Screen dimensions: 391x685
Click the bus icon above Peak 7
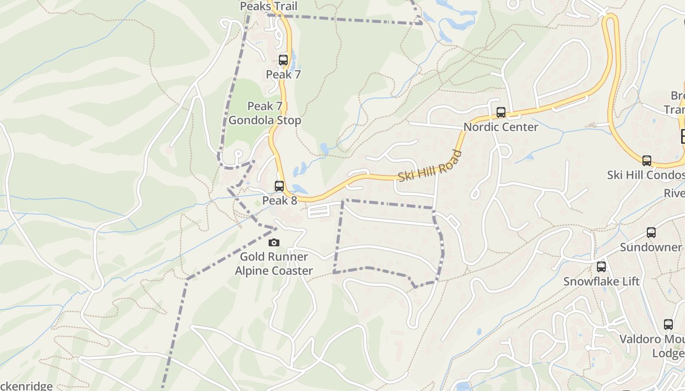(283, 60)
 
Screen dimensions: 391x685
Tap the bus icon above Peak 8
(279, 186)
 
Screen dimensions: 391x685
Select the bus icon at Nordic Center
(501, 112)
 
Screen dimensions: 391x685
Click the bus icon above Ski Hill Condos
(647, 161)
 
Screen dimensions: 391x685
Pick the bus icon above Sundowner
(651, 233)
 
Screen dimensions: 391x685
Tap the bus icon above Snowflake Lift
(601, 267)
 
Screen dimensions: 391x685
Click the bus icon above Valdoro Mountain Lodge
(668, 324)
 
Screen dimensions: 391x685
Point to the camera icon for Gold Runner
(274, 242)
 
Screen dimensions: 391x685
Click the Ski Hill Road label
(430, 166)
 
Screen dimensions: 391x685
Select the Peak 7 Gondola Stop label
(265, 113)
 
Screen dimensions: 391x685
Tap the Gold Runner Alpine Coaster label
(274, 263)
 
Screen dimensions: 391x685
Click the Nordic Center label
(501, 127)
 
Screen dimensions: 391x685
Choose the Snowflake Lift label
(601, 282)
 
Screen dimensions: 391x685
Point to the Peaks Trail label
(269, 6)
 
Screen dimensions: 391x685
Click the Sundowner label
(651, 247)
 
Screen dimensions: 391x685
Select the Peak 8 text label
(279, 200)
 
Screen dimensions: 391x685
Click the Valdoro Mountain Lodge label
(652, 346)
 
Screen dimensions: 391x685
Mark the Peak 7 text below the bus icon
(283, 75)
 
